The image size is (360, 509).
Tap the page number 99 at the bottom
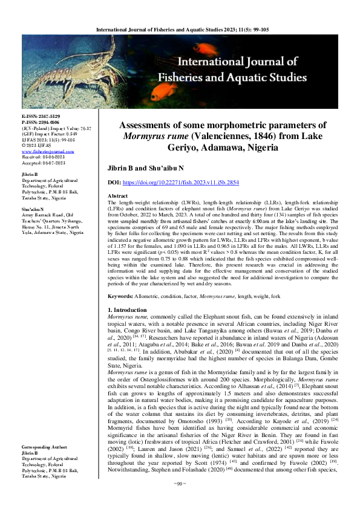[180, 501]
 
